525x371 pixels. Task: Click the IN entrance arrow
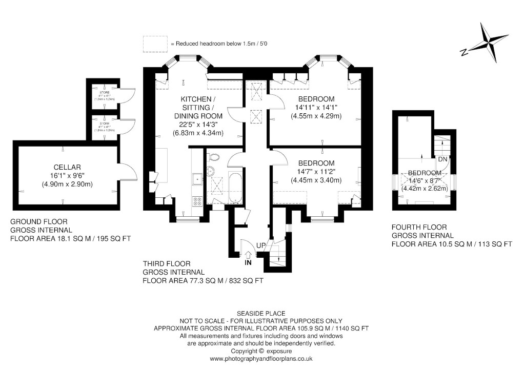coord(249,255)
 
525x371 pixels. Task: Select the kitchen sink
coord(197,178)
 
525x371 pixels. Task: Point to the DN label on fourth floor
coord(442,159)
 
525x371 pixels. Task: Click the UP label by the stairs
coord(261,246)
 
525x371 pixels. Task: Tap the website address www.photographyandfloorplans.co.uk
coord(262,359)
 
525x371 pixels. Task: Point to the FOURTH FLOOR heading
coord(419,227)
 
